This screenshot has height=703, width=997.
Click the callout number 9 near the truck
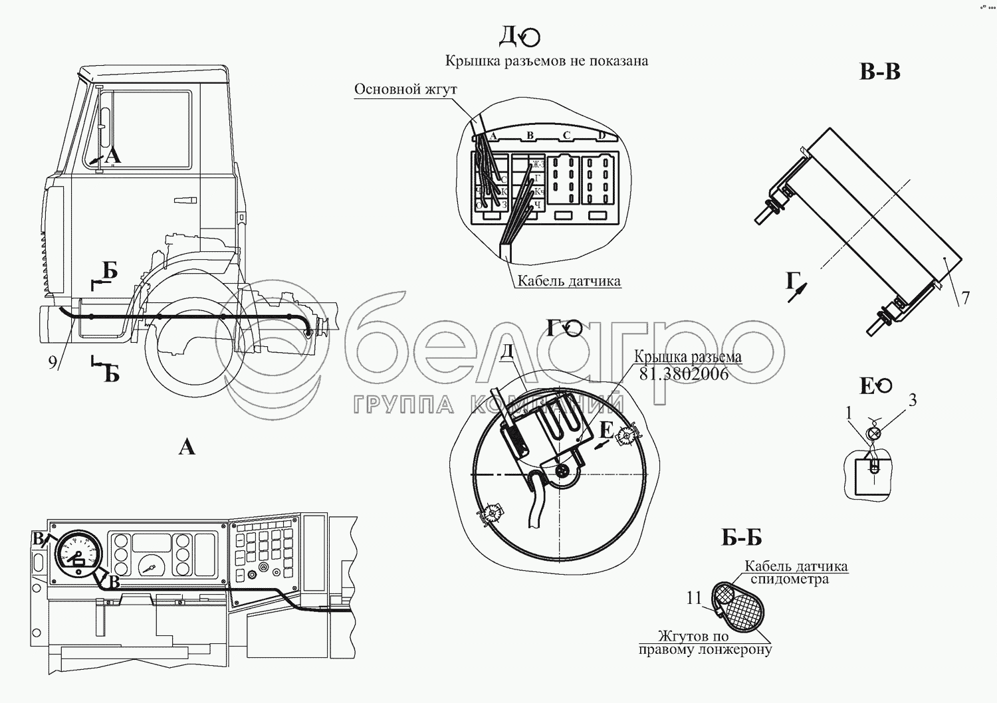coord(53,363)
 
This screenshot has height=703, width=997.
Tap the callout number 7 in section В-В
coord(965,298)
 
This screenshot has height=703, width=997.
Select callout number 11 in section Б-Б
coord(694,599)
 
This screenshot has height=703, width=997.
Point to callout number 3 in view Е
coord(913,400)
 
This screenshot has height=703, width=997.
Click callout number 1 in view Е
coord(849,413)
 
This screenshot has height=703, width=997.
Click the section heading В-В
coord(879,72)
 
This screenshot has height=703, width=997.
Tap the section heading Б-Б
coord(741,538)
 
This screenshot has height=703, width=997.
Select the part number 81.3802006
coord(683,374)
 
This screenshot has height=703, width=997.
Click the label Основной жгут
coord(405,89)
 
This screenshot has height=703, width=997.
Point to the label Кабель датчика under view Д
coord(569,281)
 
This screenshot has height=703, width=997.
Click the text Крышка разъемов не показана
coord(546,61)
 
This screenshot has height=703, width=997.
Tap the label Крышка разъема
coord(687,357)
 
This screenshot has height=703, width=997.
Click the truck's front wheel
coord(189,352)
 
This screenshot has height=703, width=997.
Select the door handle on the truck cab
coord(185,200)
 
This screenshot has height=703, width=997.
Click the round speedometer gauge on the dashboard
coord(78,552)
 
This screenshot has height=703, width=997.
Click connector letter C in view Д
coord(566,136)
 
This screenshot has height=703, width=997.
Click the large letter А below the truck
coord(187,447)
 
